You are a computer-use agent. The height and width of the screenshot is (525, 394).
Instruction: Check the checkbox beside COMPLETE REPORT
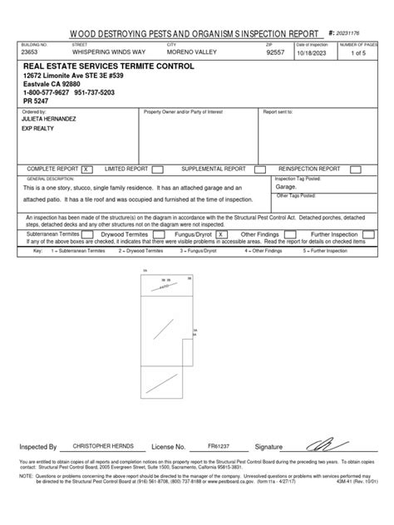(x=86, y=168)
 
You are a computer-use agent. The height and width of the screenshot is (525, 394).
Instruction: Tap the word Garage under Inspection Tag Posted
(x=285, y=189)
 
